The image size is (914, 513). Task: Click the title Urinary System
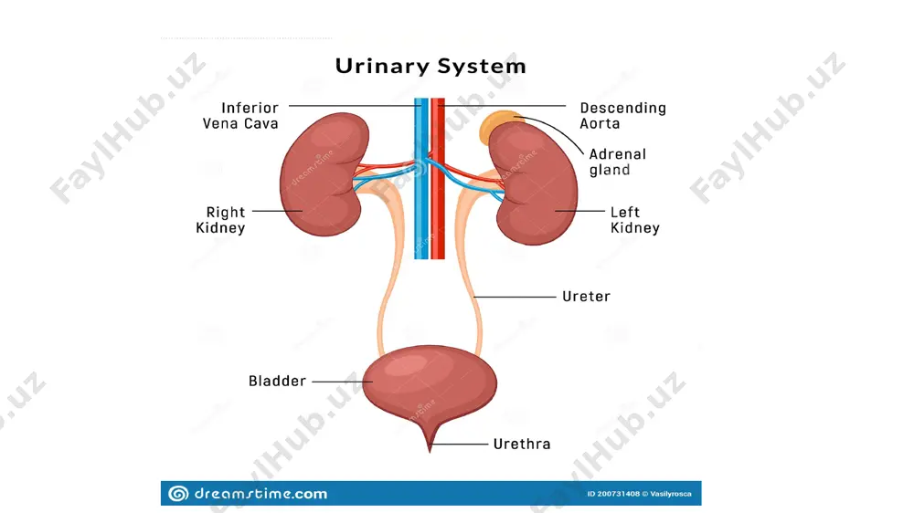pos(430,66)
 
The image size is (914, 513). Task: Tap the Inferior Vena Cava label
pos(240,115)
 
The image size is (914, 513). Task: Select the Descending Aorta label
pos(622,115)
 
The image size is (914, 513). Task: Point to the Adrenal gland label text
pos(617,162)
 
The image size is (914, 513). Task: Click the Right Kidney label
pos(220,219)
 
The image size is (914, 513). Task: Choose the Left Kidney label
pos(635,219)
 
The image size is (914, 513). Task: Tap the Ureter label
pos(586,297)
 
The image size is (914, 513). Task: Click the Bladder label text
pos(277,381)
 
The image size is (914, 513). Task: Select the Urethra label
pos(522,444)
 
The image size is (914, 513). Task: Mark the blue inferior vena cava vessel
pos(421,178)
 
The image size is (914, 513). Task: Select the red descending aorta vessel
pos(438,178)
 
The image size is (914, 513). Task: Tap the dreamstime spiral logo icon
pos(178,494)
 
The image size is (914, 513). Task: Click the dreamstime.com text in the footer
pos(260,494)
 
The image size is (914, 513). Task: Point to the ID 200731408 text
pos(613,494)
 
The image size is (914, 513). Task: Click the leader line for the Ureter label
pos(515,297)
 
